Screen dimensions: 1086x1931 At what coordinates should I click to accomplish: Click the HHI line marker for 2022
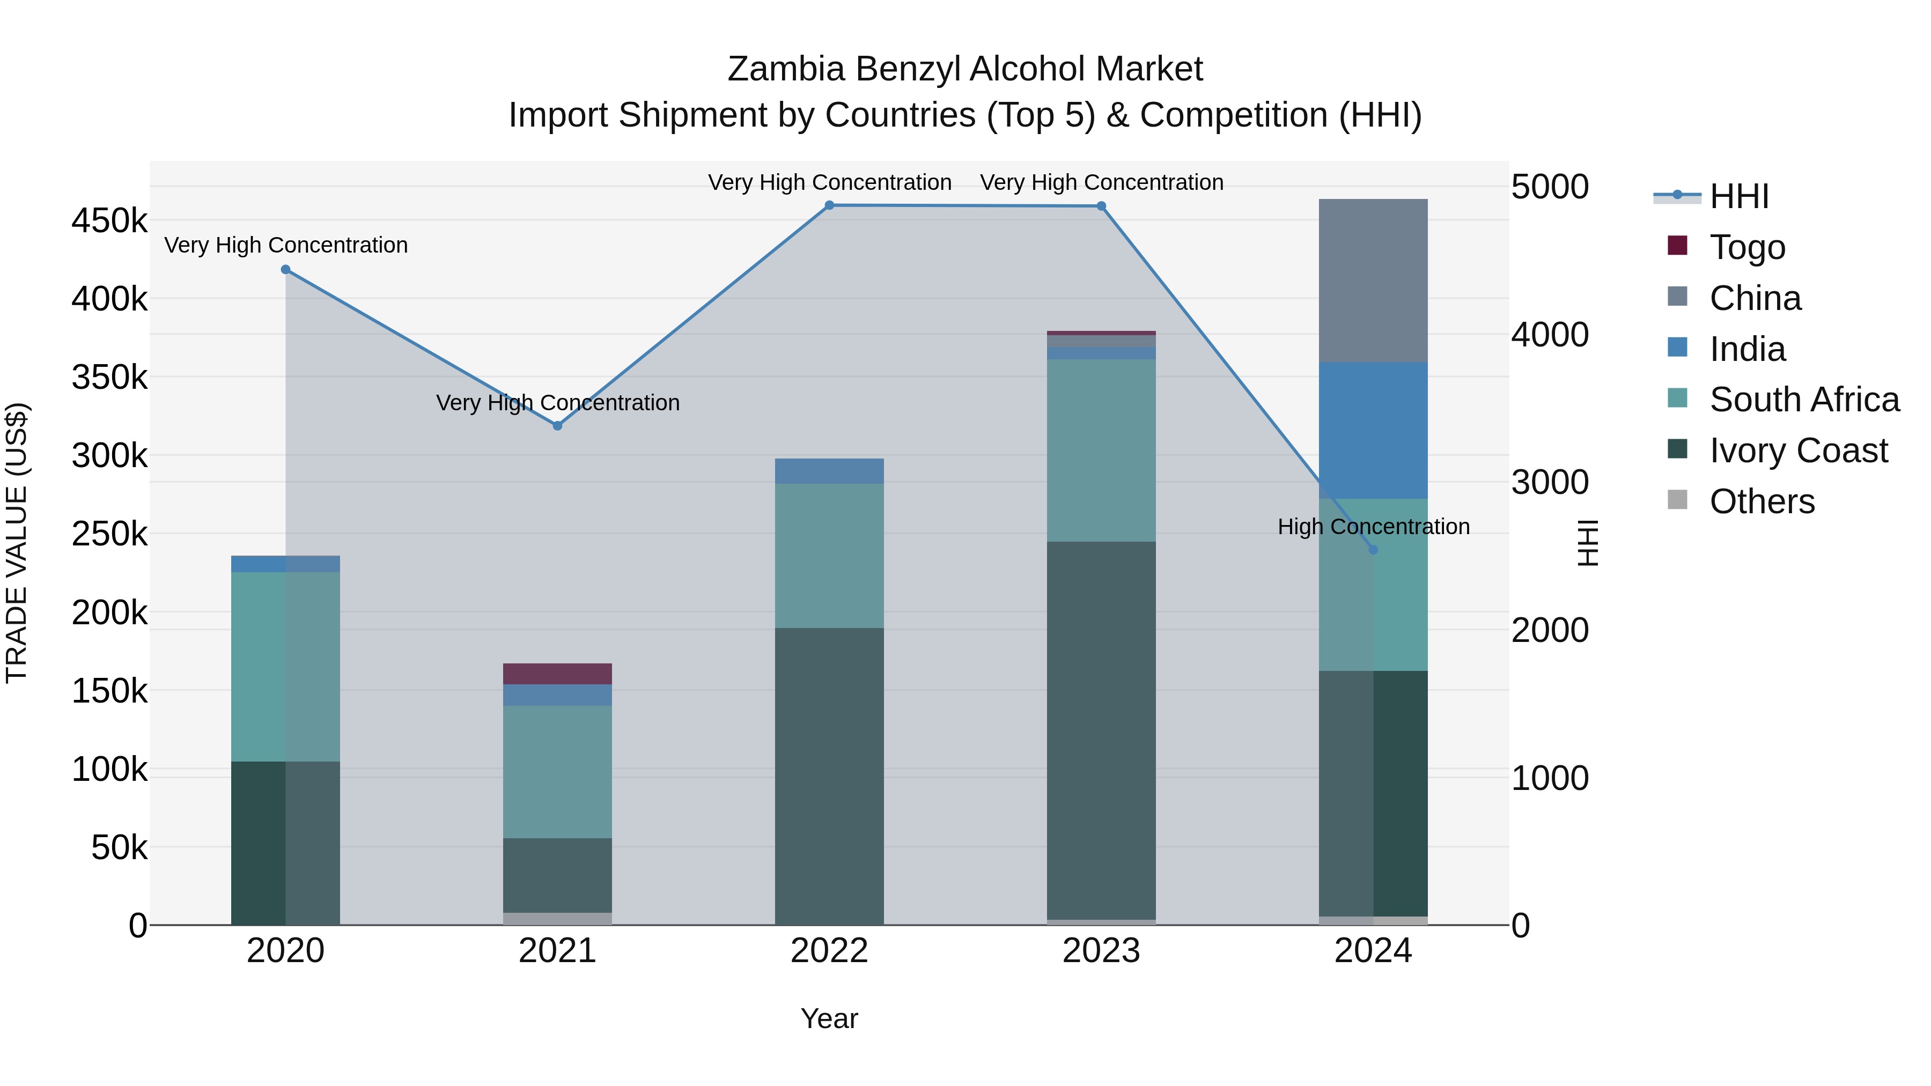click(829, 205)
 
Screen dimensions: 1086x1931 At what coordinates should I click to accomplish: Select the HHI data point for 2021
click(557, 426)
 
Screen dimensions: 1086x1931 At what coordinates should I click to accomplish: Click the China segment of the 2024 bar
click(1373, 281)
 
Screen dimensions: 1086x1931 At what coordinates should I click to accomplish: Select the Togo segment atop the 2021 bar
click(557, 674)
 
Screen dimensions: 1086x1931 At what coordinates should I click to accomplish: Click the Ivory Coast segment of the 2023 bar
click(1101, 731)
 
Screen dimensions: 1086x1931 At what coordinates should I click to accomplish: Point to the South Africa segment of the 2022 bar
click(829, 556)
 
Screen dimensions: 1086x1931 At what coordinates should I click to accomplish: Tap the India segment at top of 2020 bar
click(285, 564)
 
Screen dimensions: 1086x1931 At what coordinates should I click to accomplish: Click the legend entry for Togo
click(1746, 247)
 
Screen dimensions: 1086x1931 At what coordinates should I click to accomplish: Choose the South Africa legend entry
click(1803, 400)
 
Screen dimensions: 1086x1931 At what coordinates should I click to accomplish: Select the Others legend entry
click(1761, 501)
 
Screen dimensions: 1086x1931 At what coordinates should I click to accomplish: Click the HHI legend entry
click(1737, 196)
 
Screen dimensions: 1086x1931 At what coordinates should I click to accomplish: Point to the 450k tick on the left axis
click(109, 221)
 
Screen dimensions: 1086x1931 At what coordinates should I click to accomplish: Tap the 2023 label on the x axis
click(1101, 951)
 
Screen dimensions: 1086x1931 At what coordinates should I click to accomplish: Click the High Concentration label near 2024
click(1373, 526)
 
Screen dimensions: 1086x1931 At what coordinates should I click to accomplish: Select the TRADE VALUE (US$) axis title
click(17, 543)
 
